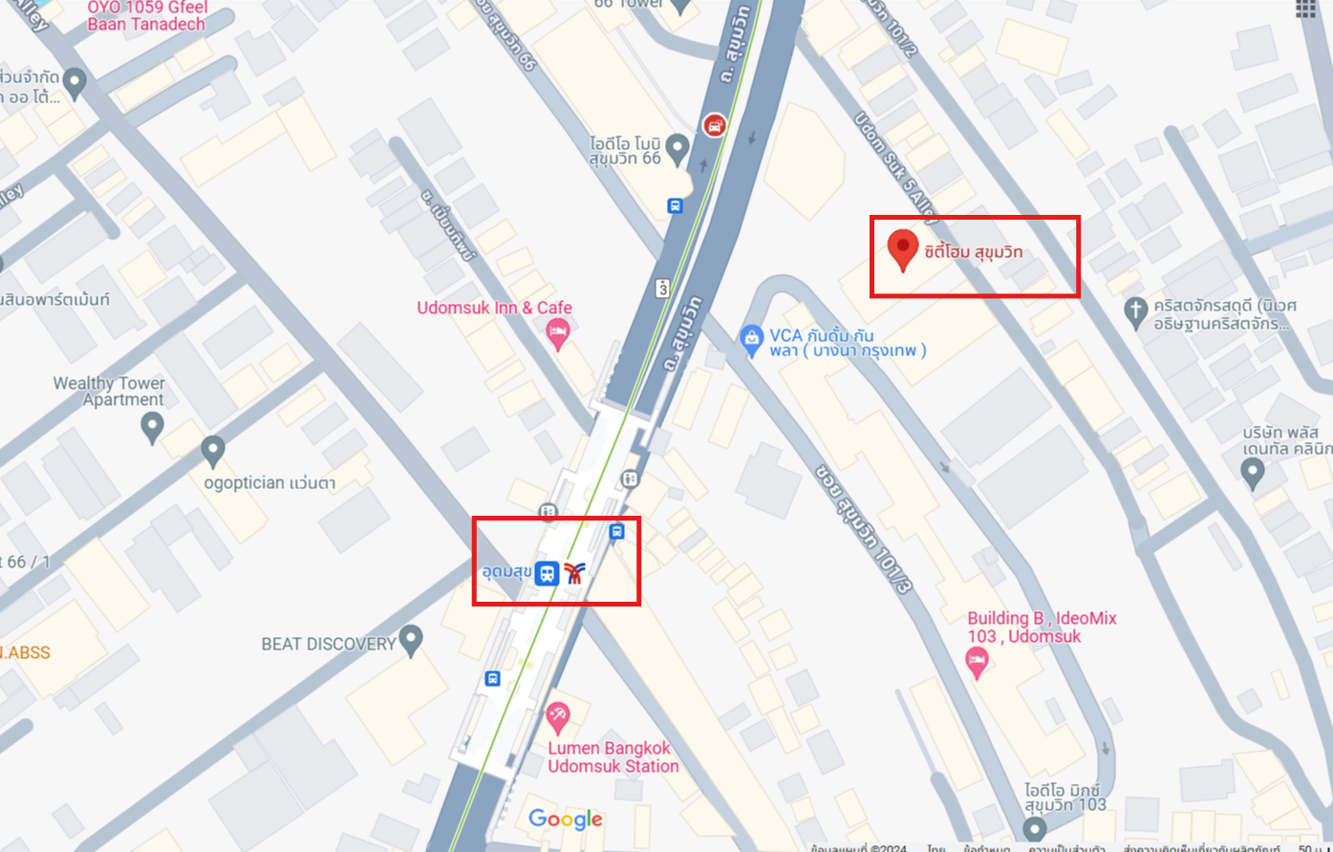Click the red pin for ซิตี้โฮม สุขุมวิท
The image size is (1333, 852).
903,248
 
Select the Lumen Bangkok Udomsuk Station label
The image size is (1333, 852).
613,756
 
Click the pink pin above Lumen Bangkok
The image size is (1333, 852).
557,715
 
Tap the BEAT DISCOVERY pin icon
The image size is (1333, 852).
411,640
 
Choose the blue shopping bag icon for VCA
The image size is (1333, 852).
751,337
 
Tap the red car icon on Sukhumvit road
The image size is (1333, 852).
714,125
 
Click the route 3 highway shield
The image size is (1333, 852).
661,287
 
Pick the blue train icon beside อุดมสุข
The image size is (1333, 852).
547,573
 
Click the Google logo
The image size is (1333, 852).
566,819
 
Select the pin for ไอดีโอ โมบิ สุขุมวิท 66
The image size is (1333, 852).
677,148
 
